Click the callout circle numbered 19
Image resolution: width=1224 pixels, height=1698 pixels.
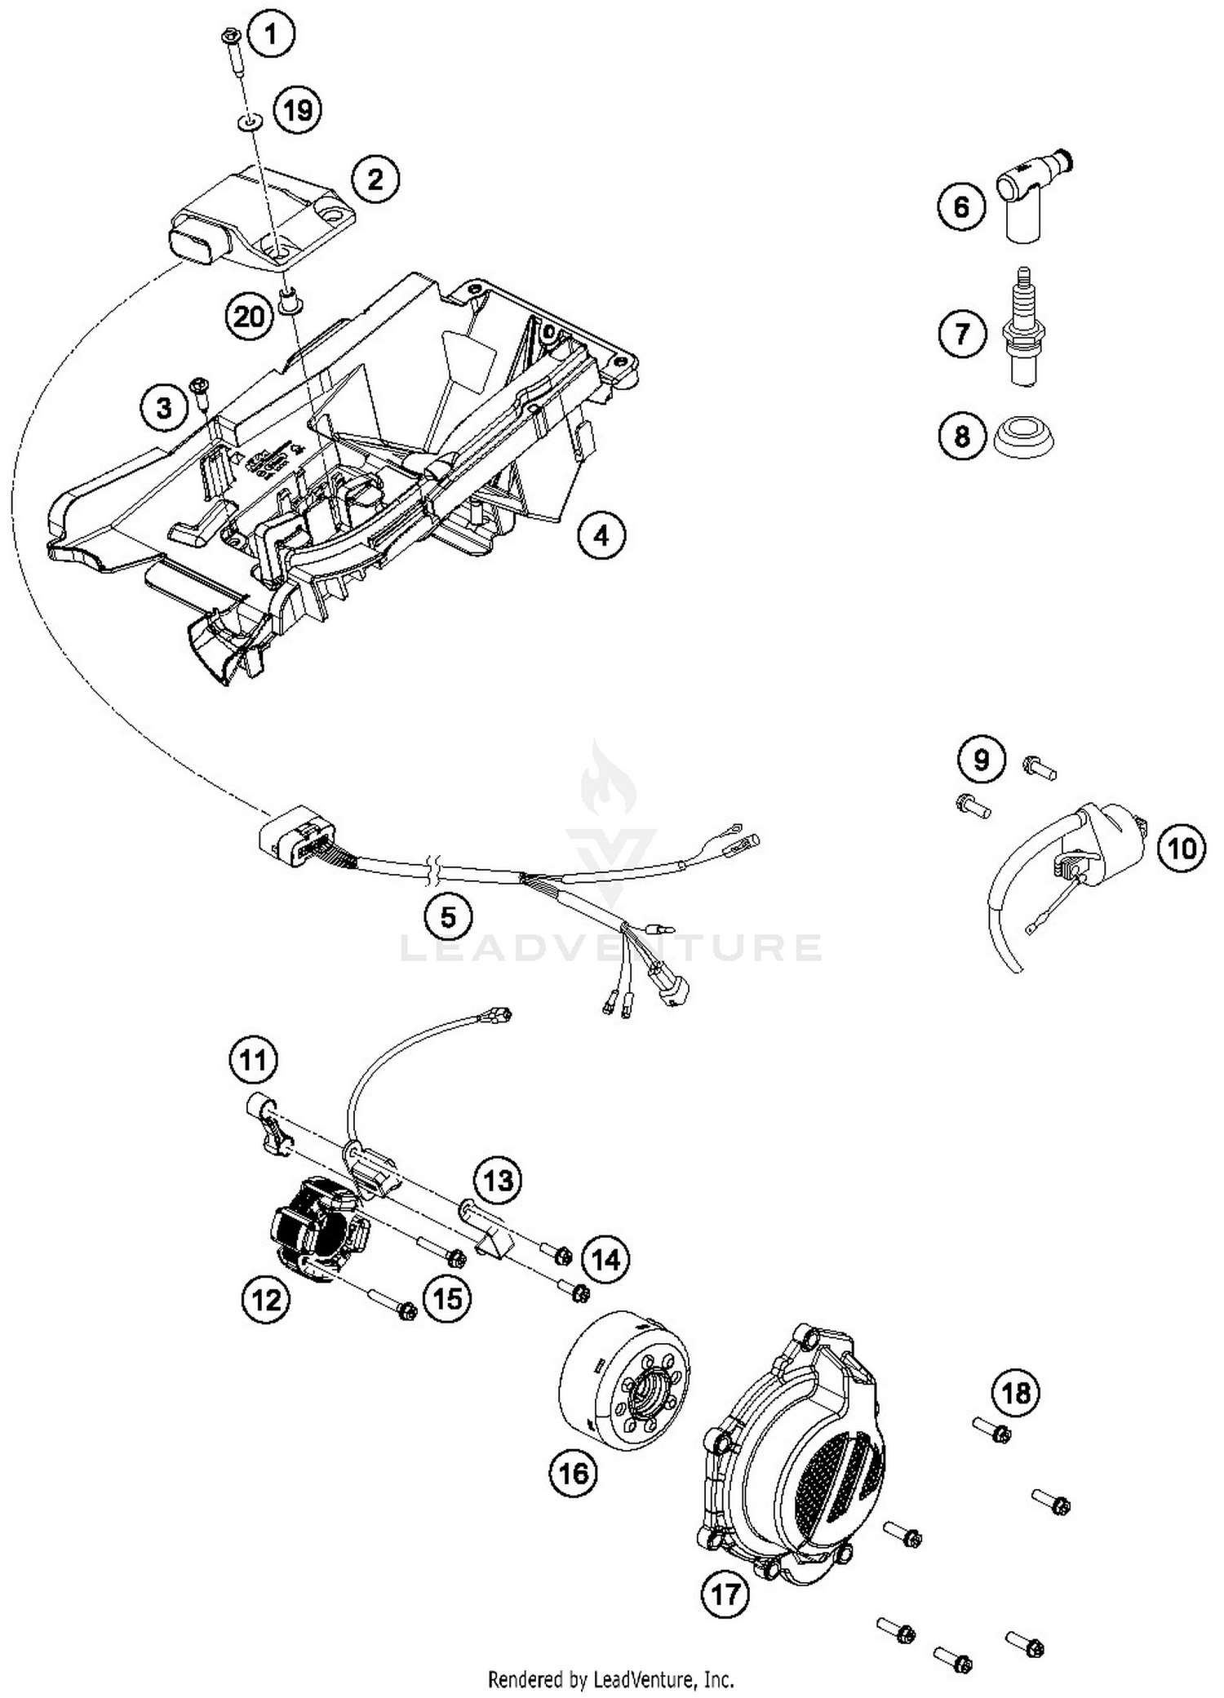(x=298, y=109)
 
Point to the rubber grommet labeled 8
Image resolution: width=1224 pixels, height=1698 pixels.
(x=1025, y=437)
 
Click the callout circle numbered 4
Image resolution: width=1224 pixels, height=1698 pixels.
(x=601, y=536)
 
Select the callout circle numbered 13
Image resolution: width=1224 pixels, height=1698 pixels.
(x=499, y=1179)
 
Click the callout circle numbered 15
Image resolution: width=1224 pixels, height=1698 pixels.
(x=448, y=1297)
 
